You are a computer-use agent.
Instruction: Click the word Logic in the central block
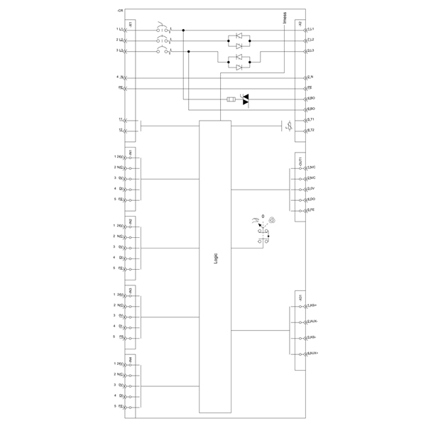tap(216, 259)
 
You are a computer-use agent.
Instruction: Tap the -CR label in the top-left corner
tap(119, 12)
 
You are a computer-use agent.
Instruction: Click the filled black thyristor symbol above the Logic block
tap(246, 102)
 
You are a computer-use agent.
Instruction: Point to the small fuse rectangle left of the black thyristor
tap(230, 99)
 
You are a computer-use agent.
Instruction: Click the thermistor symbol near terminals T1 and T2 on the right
tap(290, 127)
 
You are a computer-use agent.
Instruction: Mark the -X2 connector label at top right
tap(300, 24)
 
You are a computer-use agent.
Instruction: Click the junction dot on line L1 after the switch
tap(183, 31)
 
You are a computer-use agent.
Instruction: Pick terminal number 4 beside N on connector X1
tap(116, 77)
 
